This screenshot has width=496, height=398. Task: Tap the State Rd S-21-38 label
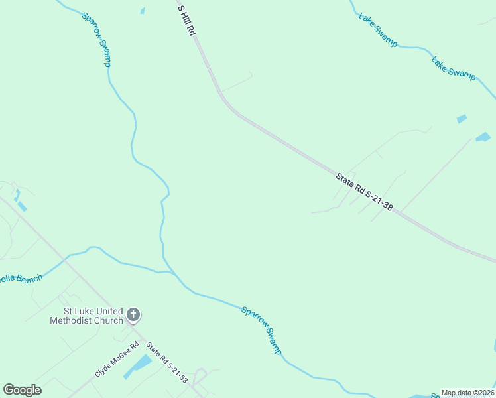[364, 192]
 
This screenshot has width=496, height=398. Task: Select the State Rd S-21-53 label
[166, 362]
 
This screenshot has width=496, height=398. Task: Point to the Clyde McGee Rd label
[117, 359]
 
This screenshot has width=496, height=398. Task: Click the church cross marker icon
[133, 315]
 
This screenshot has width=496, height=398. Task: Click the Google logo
[22, 390]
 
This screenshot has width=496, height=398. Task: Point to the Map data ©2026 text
[467, 393]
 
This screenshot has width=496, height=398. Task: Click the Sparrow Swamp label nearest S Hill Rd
[96, 39]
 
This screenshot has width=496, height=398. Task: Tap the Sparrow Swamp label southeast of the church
[261, 330]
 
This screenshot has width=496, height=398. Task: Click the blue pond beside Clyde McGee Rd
[137, 366]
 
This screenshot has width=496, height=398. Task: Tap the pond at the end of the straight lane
[483, 137]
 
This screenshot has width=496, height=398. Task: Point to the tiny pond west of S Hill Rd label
[142, 11]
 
